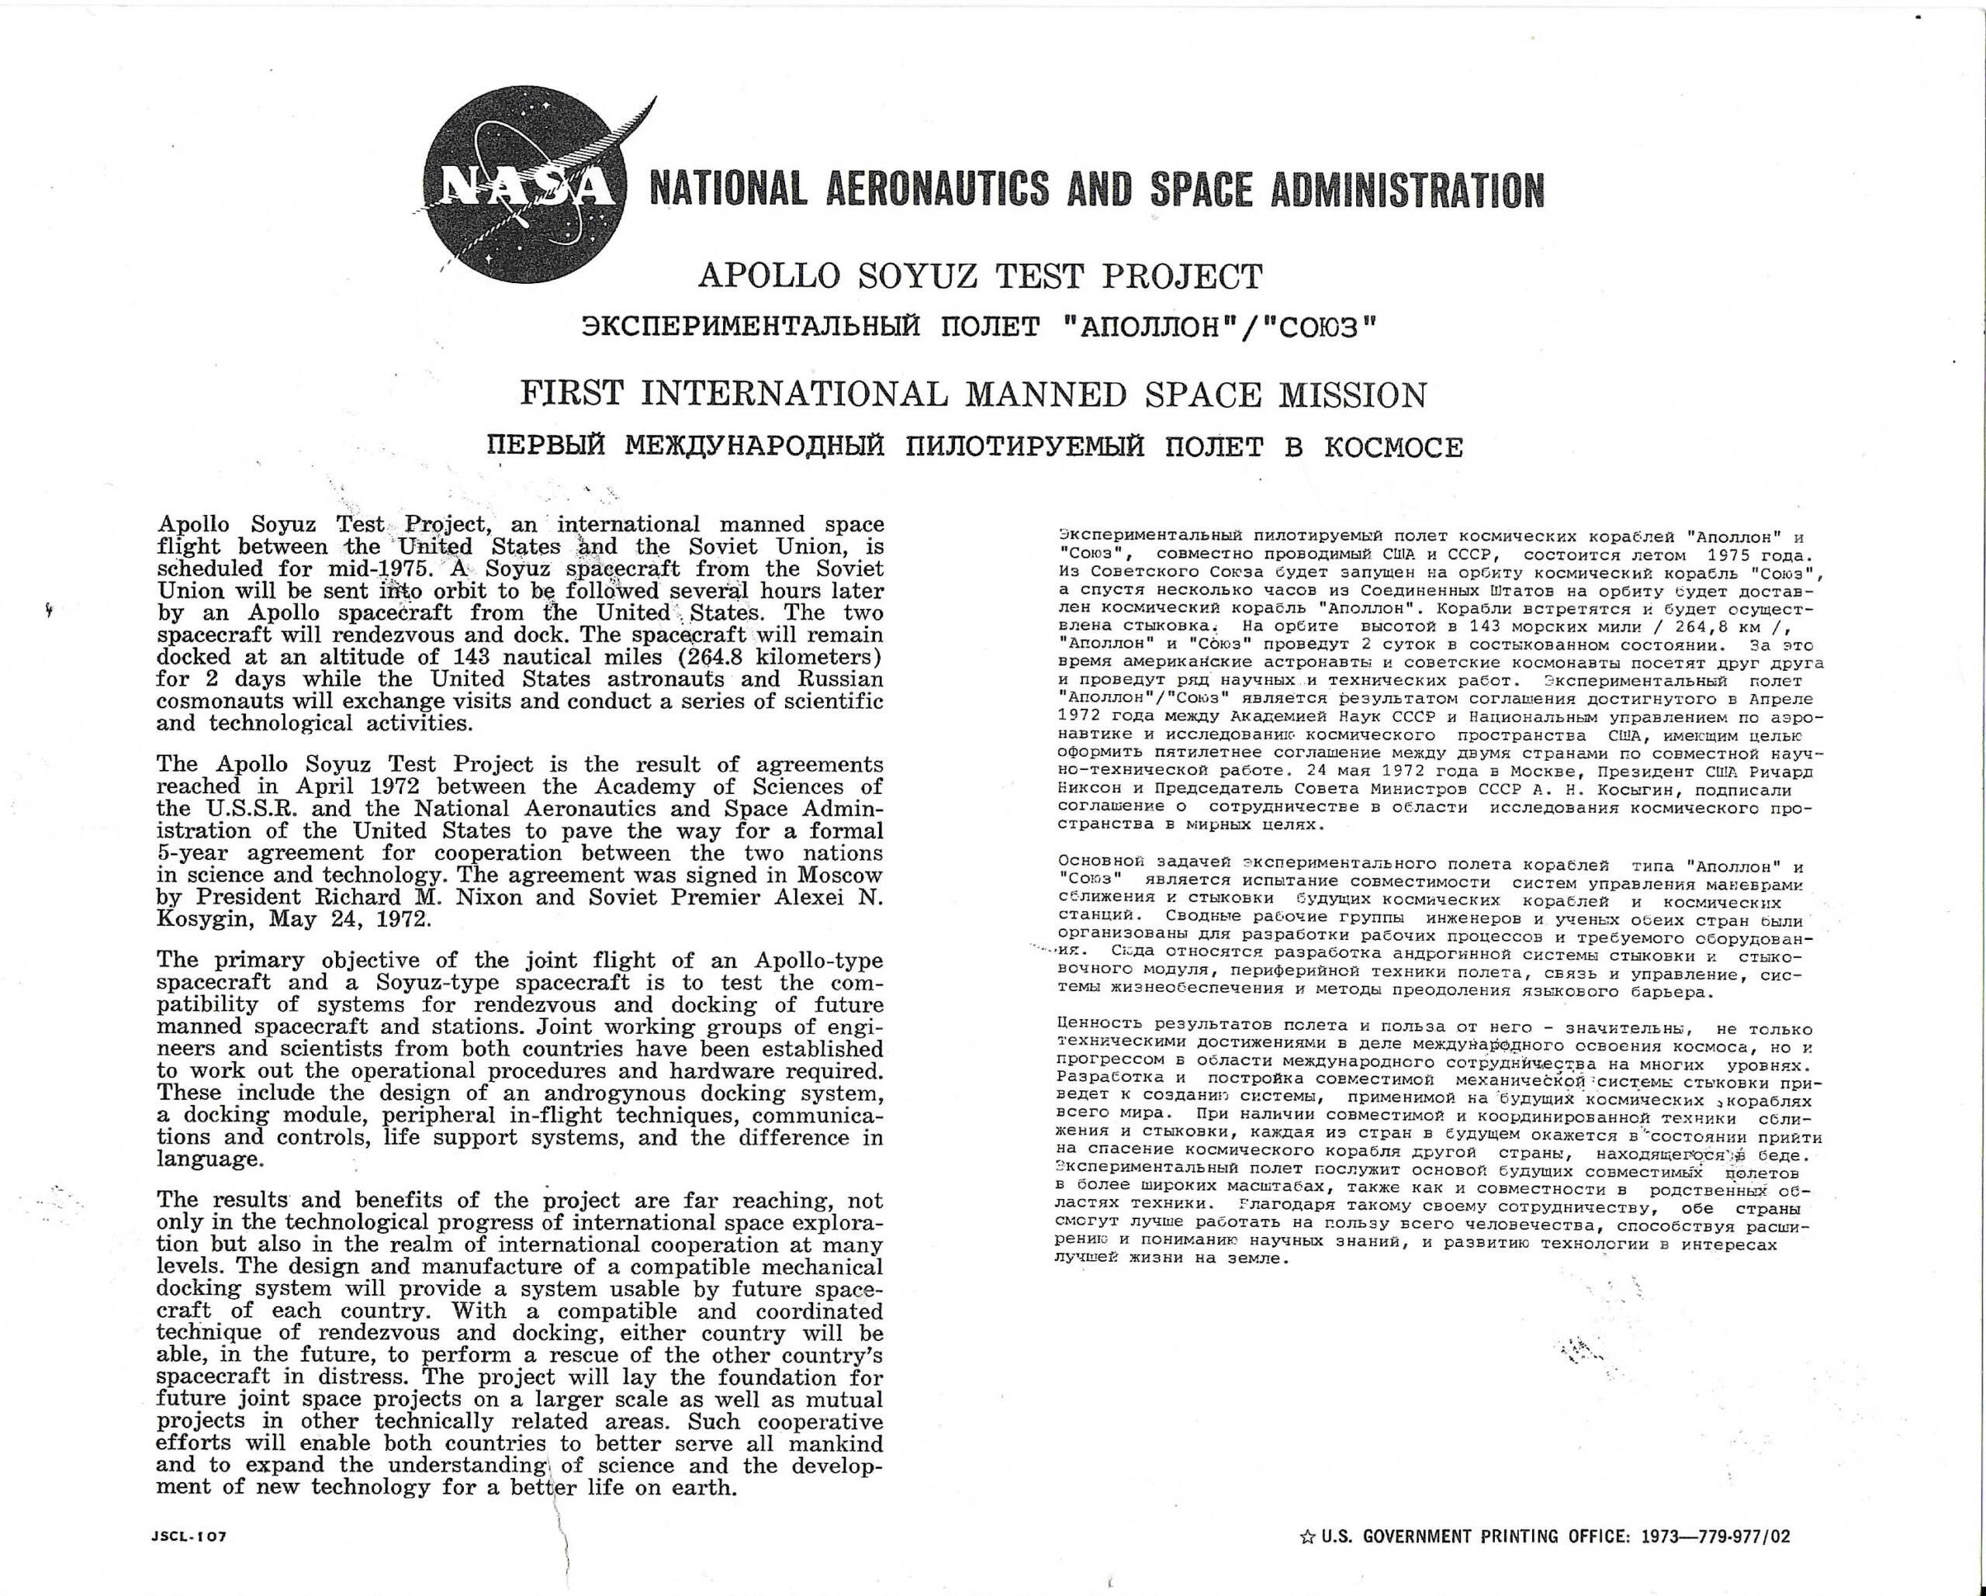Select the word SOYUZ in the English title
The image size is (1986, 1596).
coord(923,276)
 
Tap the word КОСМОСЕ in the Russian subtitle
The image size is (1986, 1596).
coord(1393,447)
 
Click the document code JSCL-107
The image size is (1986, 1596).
coord(188,1536)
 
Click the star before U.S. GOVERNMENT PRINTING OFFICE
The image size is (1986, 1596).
coord(1307,1536)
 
